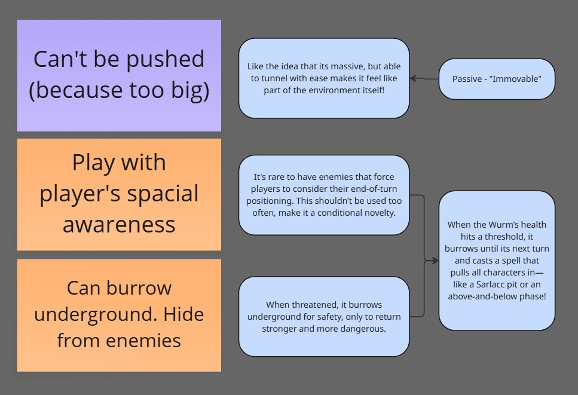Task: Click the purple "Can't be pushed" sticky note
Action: tap(119, 75)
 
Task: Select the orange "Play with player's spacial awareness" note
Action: tap(119, 194)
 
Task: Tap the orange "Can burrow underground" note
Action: tap(119, 315)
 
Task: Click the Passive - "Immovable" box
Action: tap(497, 79)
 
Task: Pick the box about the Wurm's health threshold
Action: tap(497, 261)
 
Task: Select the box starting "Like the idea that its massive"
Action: tap(324, 78)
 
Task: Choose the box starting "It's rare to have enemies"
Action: tap(324, 195)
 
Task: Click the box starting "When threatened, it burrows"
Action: tap(324, 317)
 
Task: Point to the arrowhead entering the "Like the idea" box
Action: tap(413, 78)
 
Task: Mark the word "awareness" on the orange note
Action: tap(119, 225)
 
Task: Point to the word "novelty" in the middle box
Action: tap(378, 213)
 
